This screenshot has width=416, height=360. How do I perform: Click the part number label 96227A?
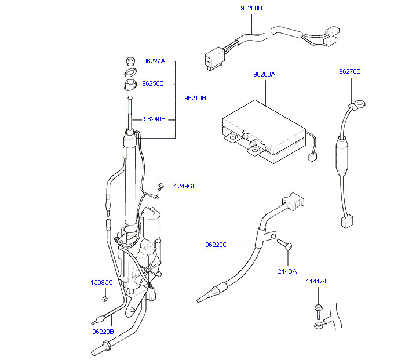click(x=154, y=61)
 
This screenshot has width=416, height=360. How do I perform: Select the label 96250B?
click(x=154, y=83)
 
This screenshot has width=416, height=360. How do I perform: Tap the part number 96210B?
click(x=195, y=98)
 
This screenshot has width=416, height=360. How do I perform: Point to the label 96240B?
click(x=155, y=119)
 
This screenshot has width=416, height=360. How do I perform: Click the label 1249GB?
click(x=186, y=186)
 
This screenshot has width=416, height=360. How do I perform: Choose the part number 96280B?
click(x=251, y=9)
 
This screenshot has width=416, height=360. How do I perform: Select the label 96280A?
click(x=264, y=74)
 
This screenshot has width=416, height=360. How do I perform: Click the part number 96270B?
click(x=350, y=71)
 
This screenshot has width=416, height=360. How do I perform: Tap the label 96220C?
click(x=216, y=245)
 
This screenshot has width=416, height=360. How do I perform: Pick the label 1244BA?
click(x=285, y=271)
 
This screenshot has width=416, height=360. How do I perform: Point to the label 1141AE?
click(x=317, y=281)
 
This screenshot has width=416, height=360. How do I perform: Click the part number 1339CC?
click(x=101, y=282)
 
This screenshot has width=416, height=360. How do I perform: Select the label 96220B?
click(x=103, y=332)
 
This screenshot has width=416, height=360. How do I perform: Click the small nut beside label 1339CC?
click(x=105, y=299)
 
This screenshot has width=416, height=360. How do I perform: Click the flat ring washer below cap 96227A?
click(x=131, y=72)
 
